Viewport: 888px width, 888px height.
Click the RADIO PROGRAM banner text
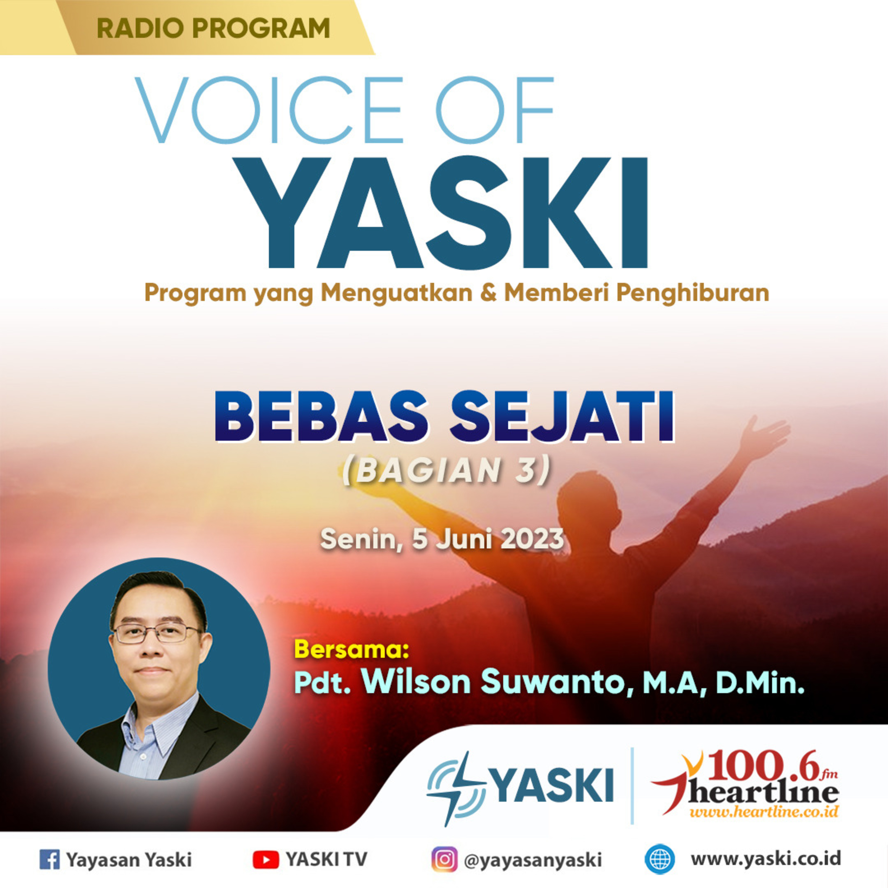pyautogui.click(x=213, y=28)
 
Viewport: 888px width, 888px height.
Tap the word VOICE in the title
pyautogui.click(x=269, y=110)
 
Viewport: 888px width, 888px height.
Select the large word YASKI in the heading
pyautogui.click(x=457, y=213)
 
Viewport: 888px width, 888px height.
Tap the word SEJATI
pyautogui.click(x=562, y=416)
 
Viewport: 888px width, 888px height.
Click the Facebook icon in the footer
pyautogui.click(x=50, y=859)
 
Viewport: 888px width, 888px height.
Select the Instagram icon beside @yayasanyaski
pyautogui.click(x=444, y=859)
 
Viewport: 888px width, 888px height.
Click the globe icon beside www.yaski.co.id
pyautogui.click(x=659, y=859)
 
